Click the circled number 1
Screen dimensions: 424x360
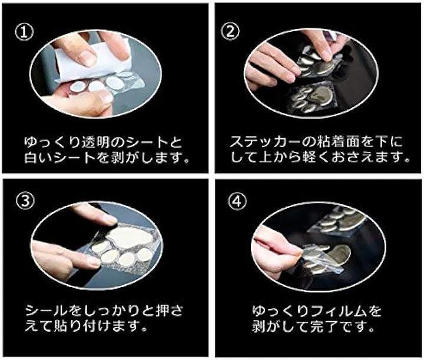24,32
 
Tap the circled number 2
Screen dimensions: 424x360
230,31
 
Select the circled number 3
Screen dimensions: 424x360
25,201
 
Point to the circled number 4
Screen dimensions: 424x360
237,201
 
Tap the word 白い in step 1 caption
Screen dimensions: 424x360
39,158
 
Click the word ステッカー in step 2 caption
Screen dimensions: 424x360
265,142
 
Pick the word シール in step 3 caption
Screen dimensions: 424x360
47,311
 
